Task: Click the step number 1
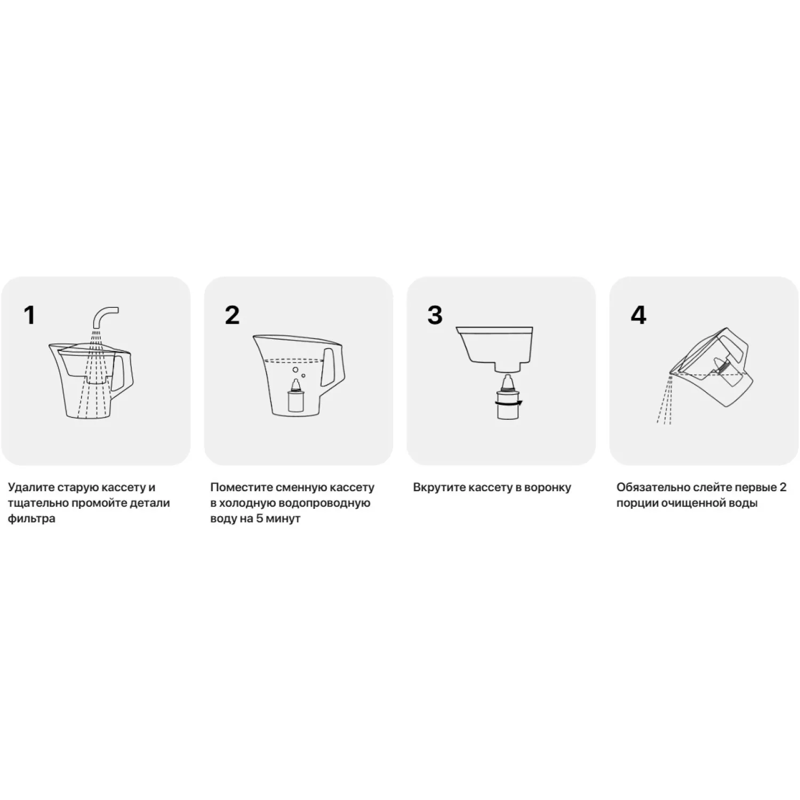[x=29, y=315]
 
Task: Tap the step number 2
[x=232, y=315]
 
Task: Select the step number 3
[x=435, y=315]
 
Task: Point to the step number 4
[x=638, y=315]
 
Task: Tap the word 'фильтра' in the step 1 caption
[x=31, y=519]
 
